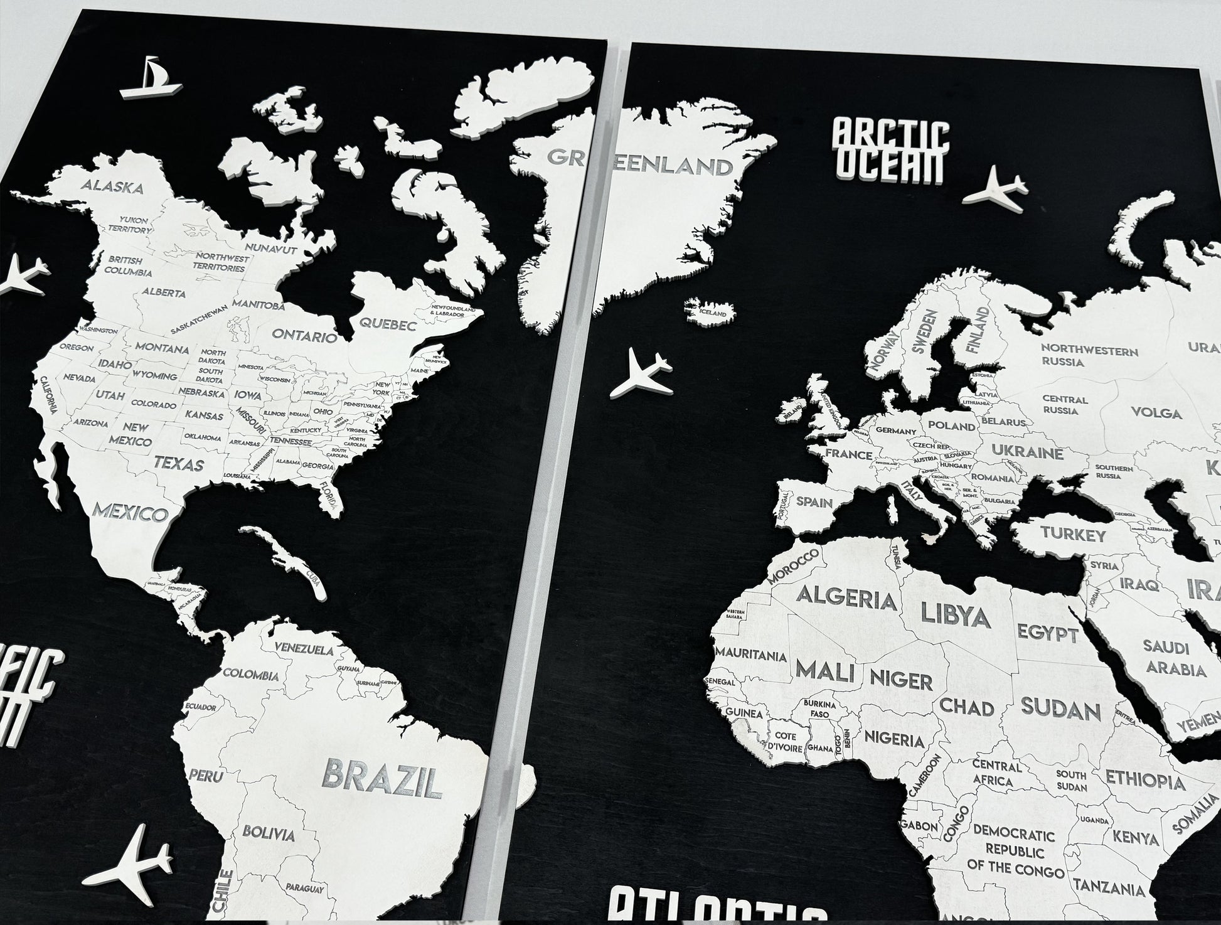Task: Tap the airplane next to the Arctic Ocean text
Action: click(x=995, y=187)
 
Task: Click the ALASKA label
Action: click(x=113, y=186)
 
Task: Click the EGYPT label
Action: click(x=1048, y=632)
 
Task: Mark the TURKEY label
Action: click(x=1073, y=535)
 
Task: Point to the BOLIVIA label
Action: click(x=268, y=834)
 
